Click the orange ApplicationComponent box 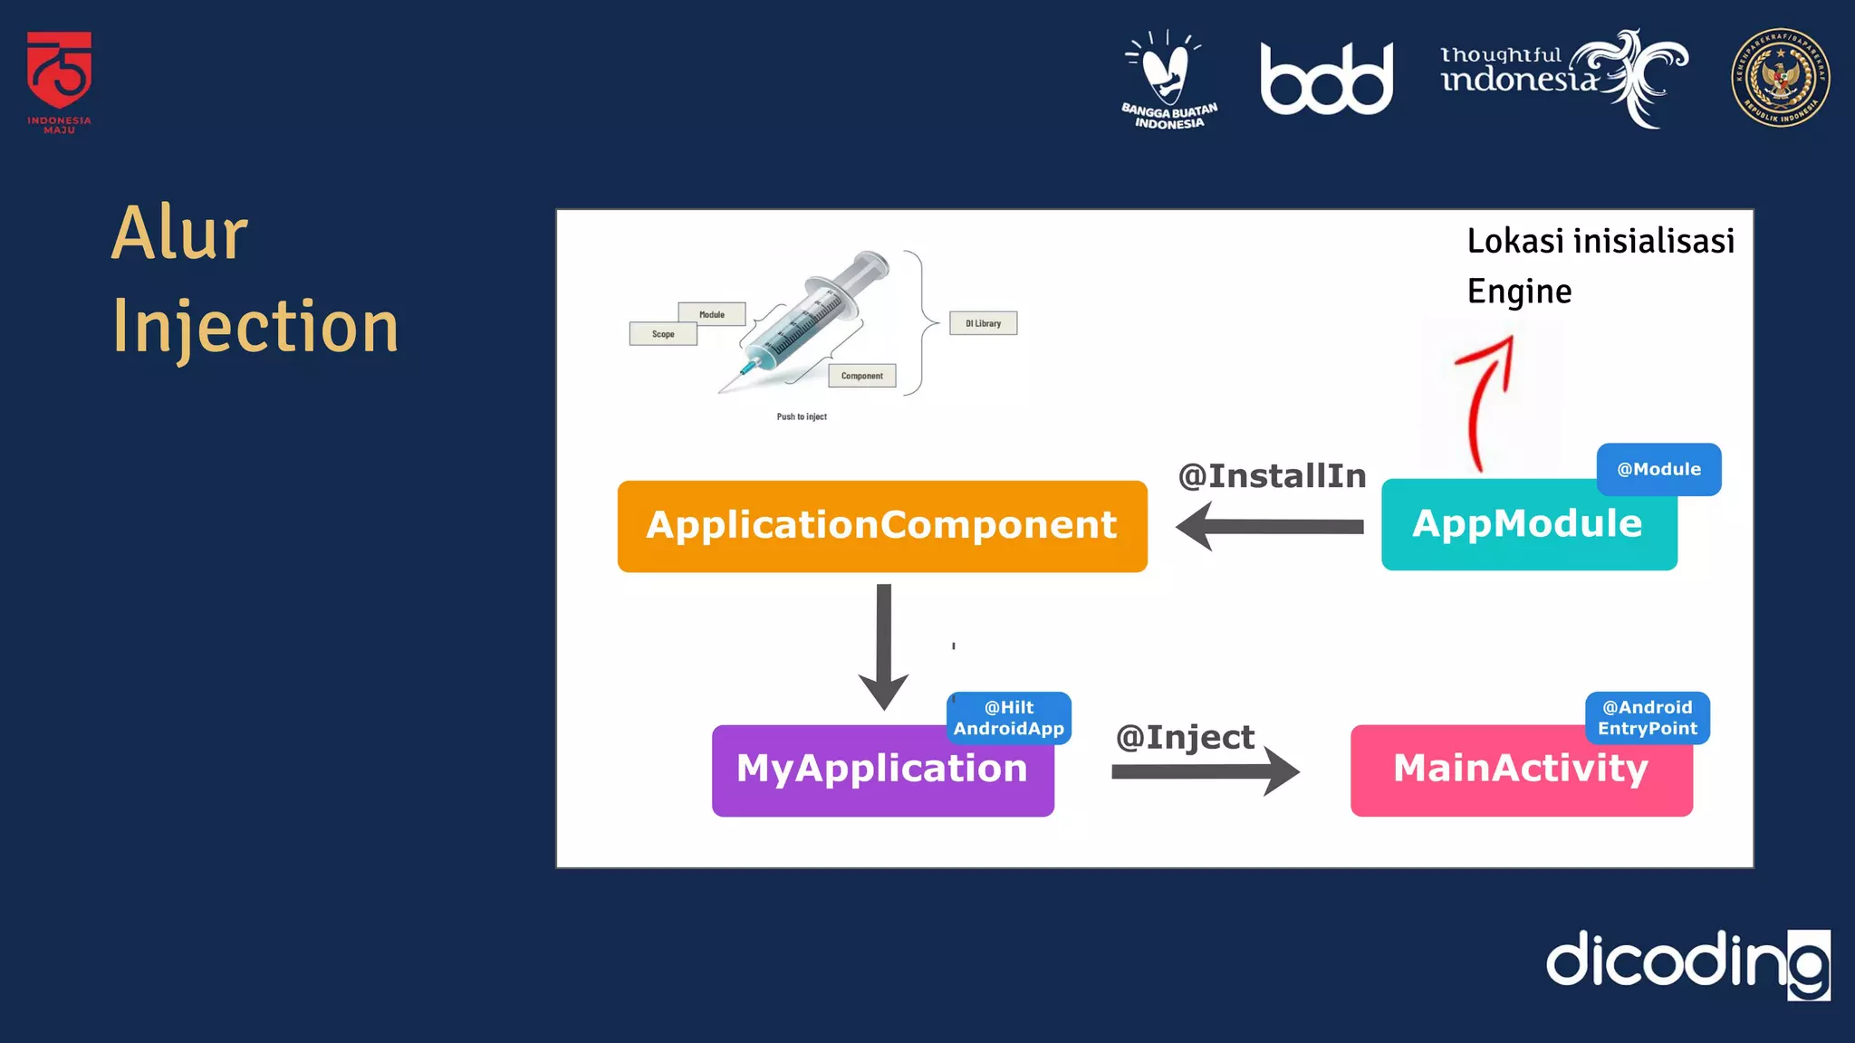[x=882, y=526]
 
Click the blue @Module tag [x=1658, y=469]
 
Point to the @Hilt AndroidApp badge [x=1008, y=717]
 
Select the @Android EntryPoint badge [x=1647, y=717]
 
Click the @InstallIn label [x=1272, y=475]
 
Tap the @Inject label [x=1185, y=737]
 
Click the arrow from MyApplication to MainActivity [x=1205, y=771]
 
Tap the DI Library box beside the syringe [x=983, y=323]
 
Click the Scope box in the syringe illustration [x=663, y=334]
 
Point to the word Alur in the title [x=179, y=234]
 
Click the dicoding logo [x=1687, y=962]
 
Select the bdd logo [x=1326, y=80]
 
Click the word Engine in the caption [x=1519, y=292]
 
